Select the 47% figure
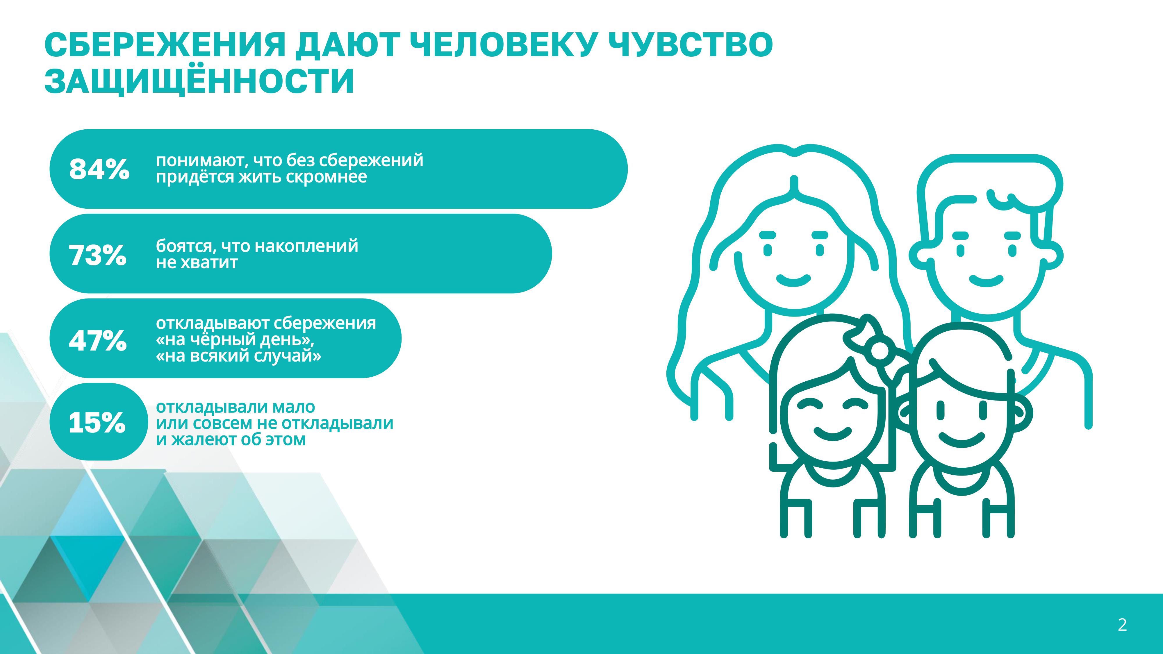coord(97,340)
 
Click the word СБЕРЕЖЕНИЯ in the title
coord(165,45)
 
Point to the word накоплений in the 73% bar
coord(306,246)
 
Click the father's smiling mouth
coord(987,281)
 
